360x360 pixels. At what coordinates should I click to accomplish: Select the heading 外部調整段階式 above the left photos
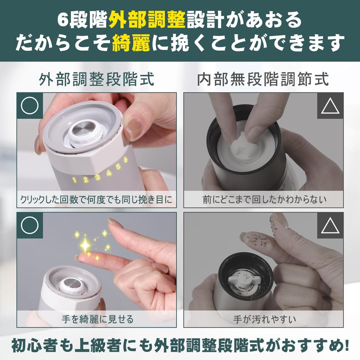pos(96,79)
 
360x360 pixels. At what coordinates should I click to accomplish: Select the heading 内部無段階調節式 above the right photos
pos(263,79)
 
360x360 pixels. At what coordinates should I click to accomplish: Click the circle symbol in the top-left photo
pos(30,106)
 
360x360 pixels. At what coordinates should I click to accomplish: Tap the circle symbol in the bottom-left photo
pos(30,225)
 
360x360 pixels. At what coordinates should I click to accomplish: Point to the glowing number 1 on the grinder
pos(75,180)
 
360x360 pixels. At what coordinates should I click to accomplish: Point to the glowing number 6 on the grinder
pos(125,159)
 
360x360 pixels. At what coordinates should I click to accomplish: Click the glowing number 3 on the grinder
pos(98,177)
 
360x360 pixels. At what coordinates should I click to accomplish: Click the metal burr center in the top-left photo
pos(85,128)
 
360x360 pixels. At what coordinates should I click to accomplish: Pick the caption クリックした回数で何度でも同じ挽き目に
pos(96,200)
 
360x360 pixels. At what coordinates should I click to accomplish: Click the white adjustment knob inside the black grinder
pos(244,282)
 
